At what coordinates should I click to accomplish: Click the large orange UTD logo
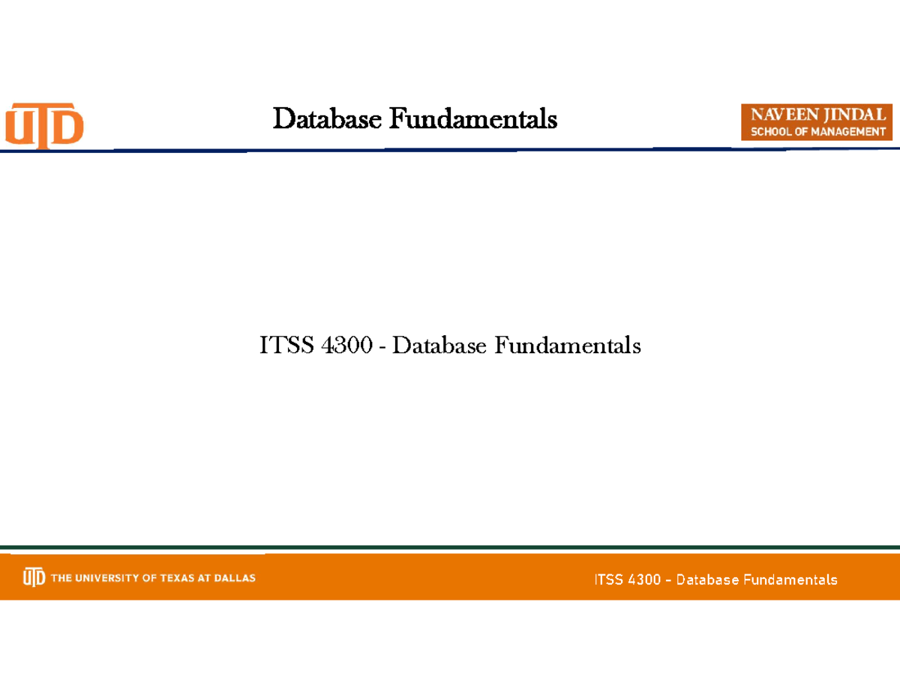[x=45, y=124]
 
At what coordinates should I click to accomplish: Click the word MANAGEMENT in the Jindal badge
[x=850, y=132]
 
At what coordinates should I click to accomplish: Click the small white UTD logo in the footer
[x=34, y=577]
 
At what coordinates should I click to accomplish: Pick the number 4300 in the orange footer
[x=645, y=580]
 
